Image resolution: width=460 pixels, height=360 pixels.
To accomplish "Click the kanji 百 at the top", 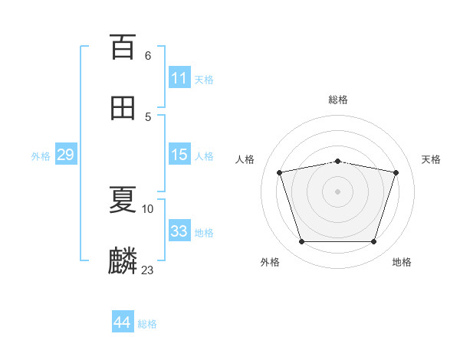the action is pyautogui.click(x=123, y=47).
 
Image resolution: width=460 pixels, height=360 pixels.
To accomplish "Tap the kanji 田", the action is pyautogui.click(x=123, y=108).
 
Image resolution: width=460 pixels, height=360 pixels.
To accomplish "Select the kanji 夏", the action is pyautogui.click(x=123, y=199).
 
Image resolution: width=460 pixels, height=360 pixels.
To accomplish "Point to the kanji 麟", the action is pyautogui.click(x=123, y=260).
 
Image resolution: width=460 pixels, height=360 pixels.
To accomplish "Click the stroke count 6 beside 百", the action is pyautogui.click(x=148, y=56).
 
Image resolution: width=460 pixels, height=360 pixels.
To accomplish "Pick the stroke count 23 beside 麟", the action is pyautogui.click(x=147, y=270).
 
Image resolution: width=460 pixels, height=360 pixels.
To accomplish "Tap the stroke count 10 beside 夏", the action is pyautogui.click(x=147, y=209).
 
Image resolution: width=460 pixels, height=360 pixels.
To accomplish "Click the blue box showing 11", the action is pyautogui.click(x=179, y=77).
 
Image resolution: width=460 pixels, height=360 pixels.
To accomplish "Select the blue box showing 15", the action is pyautogui.click(x=179, y=154).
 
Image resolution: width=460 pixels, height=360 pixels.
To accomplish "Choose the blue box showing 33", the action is pyautogui.click(x=179, y=230).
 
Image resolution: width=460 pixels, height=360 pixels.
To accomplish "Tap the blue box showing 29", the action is pyautogui.click(x=66, y=154).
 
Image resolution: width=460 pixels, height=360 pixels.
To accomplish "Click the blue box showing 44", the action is pyautogui.click(x=123, y=321).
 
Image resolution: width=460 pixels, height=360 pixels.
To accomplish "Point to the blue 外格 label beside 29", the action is pyautogui.click(x=41, y=156).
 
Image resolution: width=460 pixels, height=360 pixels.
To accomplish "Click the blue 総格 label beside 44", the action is pyautogui.click(x=147, y=324).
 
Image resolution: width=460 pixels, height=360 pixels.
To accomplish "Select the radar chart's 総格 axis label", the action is pyautogui.click(x=338, y=100).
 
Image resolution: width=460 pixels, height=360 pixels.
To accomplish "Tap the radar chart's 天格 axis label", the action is pyautogui.click(x=431, y=159).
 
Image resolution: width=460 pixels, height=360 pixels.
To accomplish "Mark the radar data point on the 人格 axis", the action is pyautogui.click(x=280, y=172).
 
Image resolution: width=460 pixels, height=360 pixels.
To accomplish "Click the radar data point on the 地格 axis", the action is pyautogui.click(x=374, y=242).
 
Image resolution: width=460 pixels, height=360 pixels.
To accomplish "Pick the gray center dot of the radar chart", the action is pyautogui.click(x=337, y=191).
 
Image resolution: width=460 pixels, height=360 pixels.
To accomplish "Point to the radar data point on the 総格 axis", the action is pyautogui.click(x=337, y=162).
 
